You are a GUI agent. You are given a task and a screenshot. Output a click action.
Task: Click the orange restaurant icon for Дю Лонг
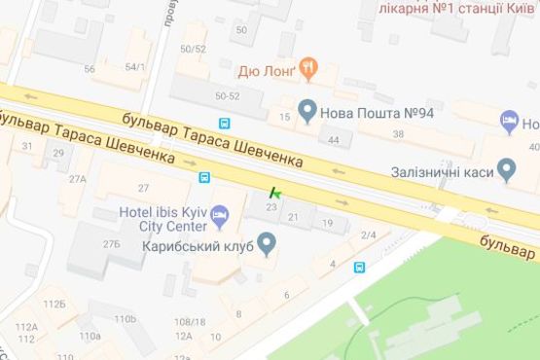(x=310, y=68)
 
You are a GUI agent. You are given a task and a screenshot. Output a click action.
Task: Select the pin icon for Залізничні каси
(x=506, y=169)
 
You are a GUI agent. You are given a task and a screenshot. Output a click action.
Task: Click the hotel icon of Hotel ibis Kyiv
(x=220, y=213)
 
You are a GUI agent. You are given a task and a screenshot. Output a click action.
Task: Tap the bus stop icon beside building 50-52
(x=225, y=124)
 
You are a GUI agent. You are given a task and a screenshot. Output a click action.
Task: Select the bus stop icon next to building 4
(x=359, y=266)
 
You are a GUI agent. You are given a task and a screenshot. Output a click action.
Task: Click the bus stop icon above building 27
(x=204, y=177)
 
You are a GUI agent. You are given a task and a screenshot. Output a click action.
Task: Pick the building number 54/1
(x=134, y=66)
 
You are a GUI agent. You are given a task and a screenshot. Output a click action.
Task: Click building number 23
(x=271, y=207)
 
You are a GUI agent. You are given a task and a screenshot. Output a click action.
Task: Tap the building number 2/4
(x=369, y=235)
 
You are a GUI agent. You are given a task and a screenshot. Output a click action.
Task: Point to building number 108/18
(x=189, y=321)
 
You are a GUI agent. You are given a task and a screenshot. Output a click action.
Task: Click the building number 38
(x=397, y=133)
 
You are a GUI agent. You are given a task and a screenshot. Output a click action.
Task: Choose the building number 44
(x=334, y=141)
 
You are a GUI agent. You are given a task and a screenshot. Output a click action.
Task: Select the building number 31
(x=27, y=146)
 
